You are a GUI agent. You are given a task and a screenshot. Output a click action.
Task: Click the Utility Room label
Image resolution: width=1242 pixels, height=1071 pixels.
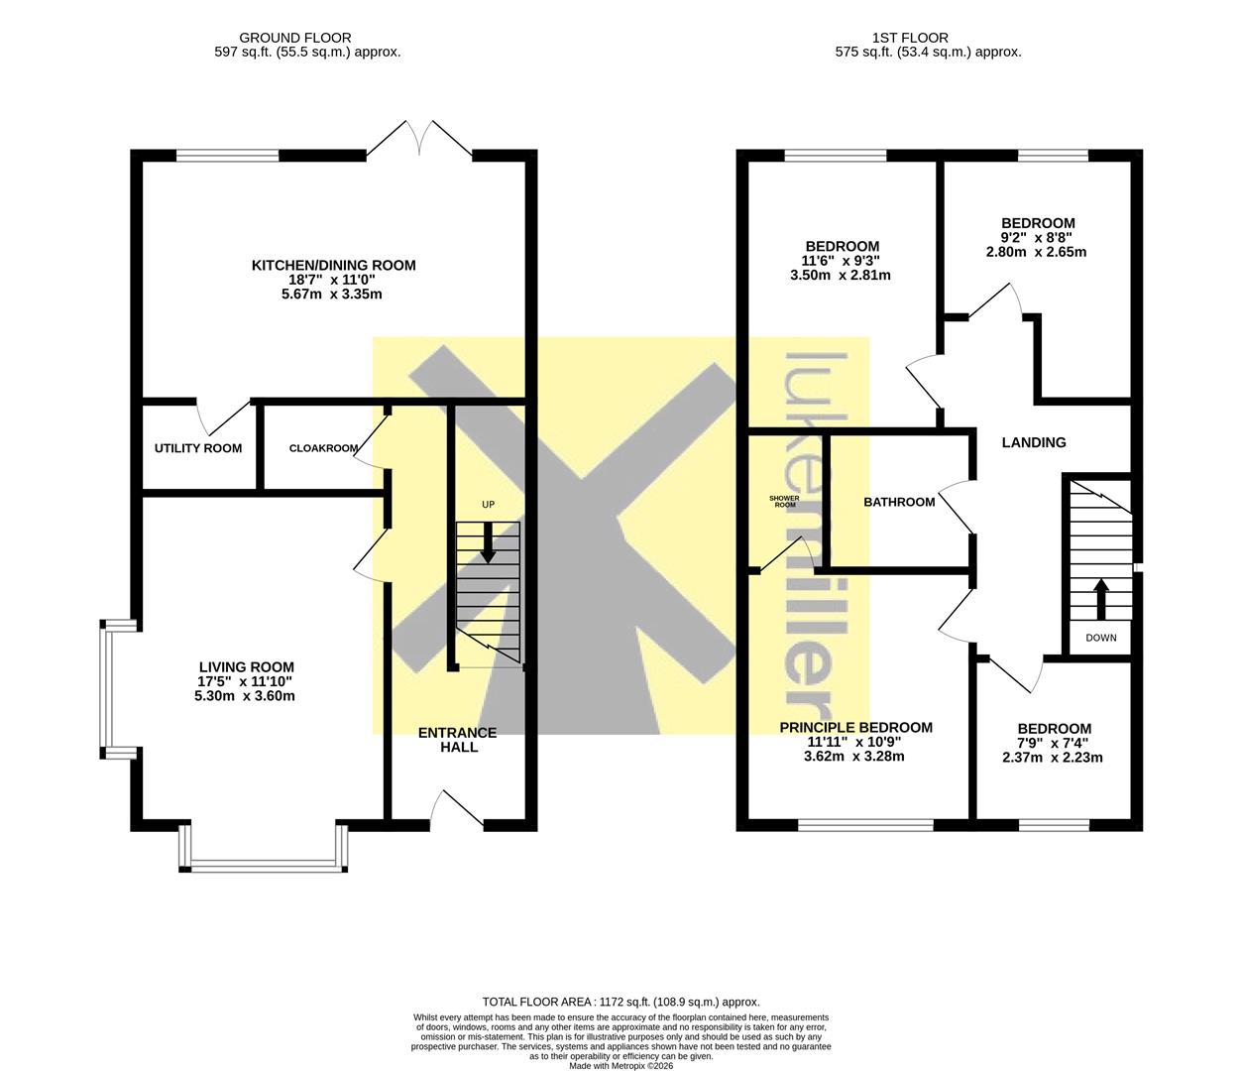click(197, 448)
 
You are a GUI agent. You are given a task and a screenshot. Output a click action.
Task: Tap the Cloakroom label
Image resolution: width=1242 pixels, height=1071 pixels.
click(323, 448)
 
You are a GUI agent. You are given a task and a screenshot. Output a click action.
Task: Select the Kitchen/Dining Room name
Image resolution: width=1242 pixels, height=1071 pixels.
click(333, 265)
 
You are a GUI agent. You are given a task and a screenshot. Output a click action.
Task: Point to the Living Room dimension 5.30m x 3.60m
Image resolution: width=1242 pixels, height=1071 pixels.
click(245, 696)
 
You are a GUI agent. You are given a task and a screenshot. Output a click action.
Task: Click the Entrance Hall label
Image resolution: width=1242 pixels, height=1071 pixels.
click(458, 740)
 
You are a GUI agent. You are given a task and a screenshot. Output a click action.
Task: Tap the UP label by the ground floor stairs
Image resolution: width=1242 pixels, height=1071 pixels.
click(489, 504)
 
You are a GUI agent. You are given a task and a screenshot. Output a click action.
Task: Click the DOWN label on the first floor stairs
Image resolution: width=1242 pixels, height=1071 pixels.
click(1101, 638)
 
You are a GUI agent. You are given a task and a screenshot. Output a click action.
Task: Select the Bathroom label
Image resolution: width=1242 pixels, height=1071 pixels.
click(899, 502)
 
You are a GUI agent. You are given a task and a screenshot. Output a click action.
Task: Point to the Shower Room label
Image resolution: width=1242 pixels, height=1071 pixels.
click(785, 501)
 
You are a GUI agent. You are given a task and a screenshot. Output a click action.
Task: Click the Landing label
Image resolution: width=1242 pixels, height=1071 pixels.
click(1034, 442)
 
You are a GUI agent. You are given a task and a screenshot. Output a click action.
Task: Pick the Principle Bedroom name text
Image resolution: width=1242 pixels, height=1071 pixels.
click(856, 727)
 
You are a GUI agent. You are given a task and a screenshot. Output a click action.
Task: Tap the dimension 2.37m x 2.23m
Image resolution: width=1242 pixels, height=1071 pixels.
click(1053, 758)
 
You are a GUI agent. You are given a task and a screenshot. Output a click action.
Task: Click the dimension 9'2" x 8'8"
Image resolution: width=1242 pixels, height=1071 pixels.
click(1038, 237)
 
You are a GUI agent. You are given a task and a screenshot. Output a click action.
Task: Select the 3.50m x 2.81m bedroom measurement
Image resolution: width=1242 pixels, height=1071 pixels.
click(841, 276)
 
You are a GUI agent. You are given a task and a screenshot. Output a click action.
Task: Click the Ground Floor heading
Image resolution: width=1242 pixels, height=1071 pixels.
click(295, 38)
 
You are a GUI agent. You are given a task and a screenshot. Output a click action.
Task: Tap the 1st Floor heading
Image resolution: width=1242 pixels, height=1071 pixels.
click(910, 38)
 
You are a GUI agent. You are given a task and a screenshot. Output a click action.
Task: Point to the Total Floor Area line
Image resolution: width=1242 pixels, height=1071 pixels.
click(621, 1002)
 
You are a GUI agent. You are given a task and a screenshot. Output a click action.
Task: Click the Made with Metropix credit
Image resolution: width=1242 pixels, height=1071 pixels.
click(621, 1066)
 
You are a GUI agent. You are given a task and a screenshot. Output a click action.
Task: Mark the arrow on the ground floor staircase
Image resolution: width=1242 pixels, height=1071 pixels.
click(489, 543)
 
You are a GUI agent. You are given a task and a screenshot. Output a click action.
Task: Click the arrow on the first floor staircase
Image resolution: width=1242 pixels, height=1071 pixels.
click(1101, 599)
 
